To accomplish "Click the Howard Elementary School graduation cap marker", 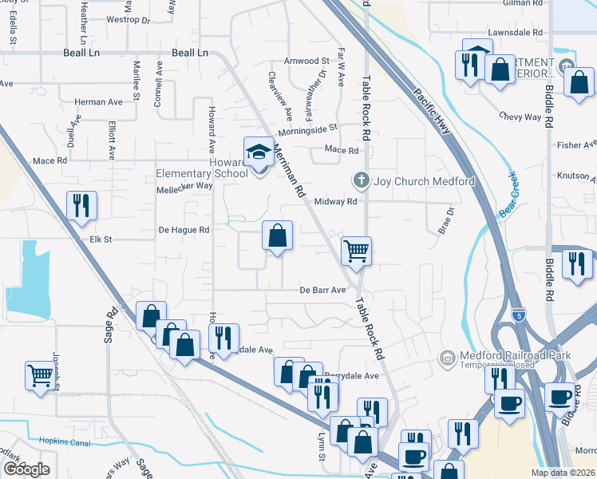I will tap(259, 151).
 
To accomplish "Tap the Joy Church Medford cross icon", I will tap(361, 180).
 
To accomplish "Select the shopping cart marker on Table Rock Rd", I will tap(356, 250).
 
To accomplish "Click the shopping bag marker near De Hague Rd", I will tap(277, 236).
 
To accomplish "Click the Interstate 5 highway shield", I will tap(519, 315).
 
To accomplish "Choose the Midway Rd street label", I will tap(335, 202).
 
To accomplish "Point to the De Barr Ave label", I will tap(322, 290).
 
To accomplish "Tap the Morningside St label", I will tap(307, 128).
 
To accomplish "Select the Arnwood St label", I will tap(307, 61).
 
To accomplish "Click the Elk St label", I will tap(101, 239).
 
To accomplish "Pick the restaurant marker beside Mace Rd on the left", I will tap(81, 206).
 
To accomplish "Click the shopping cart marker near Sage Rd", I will tap(41, 374).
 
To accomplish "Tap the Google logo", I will tap(26, 469).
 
